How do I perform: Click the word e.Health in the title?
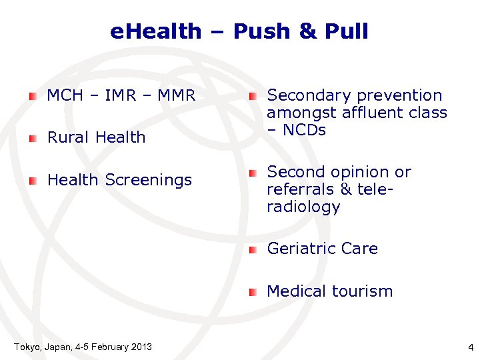[155, 31]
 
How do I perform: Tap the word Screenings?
[149, 180]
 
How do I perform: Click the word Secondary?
[306, 96]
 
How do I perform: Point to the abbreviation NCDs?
[303, 130]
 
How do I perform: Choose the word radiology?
[303, 207]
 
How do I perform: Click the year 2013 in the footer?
[140, 347]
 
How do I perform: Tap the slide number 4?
[470, 347]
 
